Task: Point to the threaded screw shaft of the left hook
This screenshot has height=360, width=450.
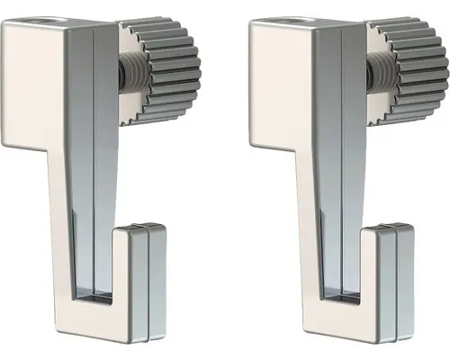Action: (127, 76)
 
